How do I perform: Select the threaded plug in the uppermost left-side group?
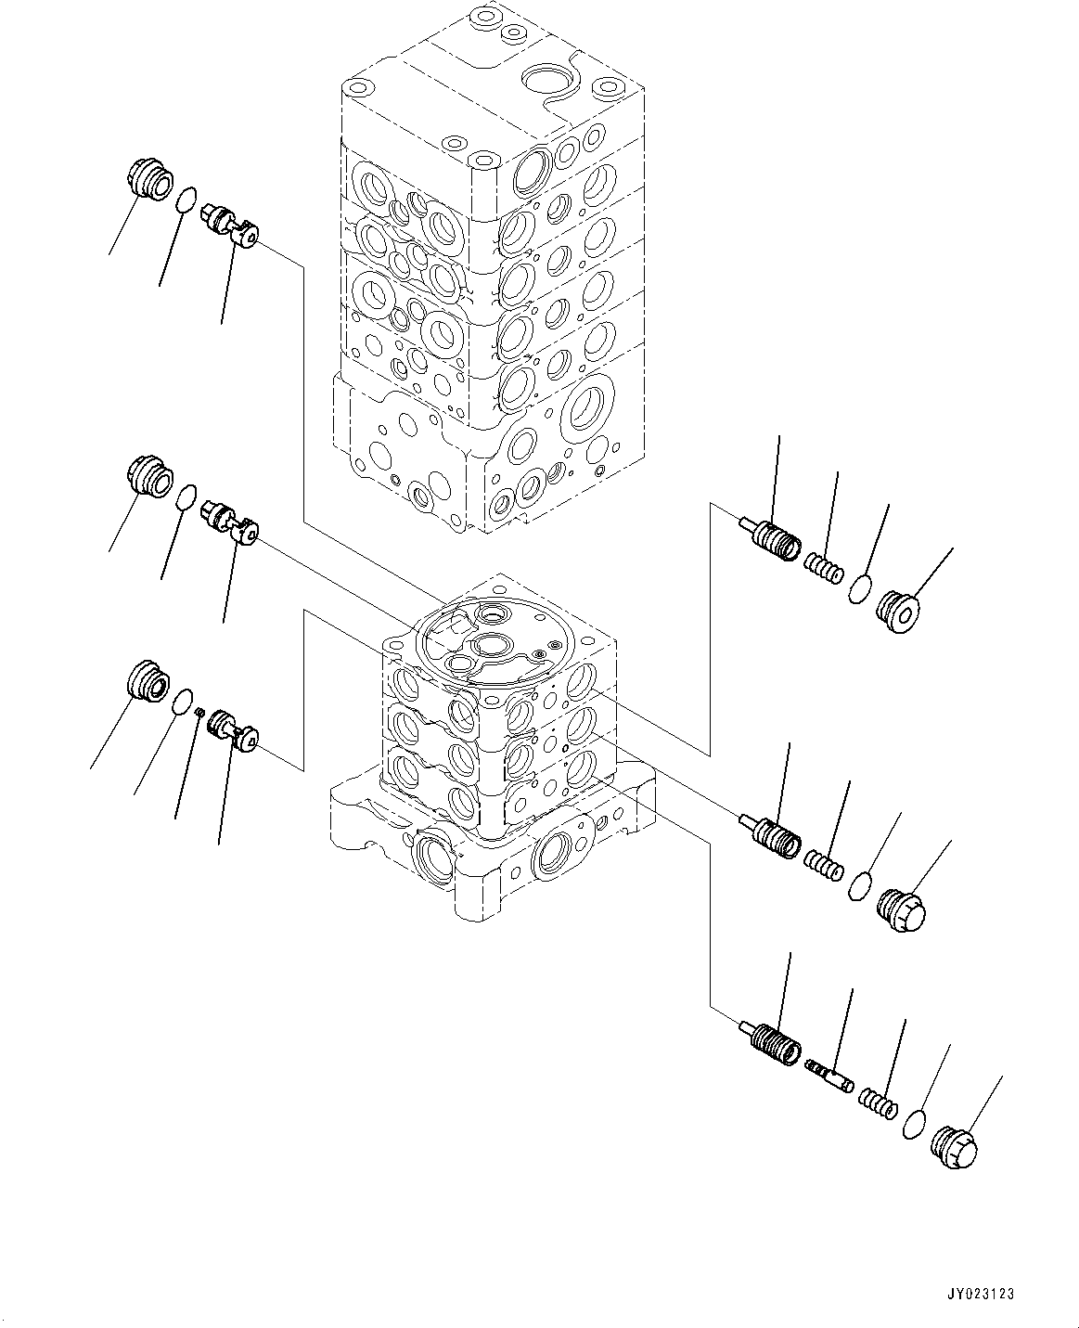point(148,179)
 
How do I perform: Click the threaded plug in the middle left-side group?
point(148,477)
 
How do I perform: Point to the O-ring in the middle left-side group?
point(186,496)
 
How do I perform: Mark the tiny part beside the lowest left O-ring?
point(199,711)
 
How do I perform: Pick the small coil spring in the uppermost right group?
point(823,568)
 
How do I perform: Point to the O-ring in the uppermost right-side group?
point(860,588)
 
